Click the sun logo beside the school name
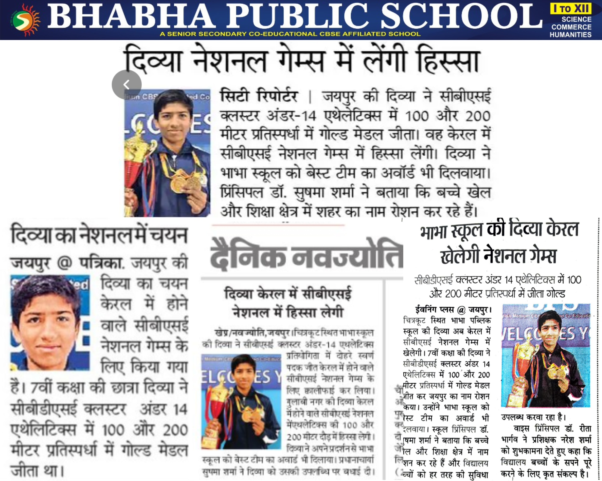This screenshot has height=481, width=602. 26,20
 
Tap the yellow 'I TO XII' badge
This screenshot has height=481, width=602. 570,8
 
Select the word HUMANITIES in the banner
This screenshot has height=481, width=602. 570,35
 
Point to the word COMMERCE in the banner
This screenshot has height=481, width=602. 571,27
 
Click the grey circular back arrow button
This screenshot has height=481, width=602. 126,84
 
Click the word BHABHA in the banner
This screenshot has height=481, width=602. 129,17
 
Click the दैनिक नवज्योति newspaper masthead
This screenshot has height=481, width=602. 306,256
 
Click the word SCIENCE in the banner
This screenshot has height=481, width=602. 576,19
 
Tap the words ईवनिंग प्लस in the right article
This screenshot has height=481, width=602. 435,309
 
